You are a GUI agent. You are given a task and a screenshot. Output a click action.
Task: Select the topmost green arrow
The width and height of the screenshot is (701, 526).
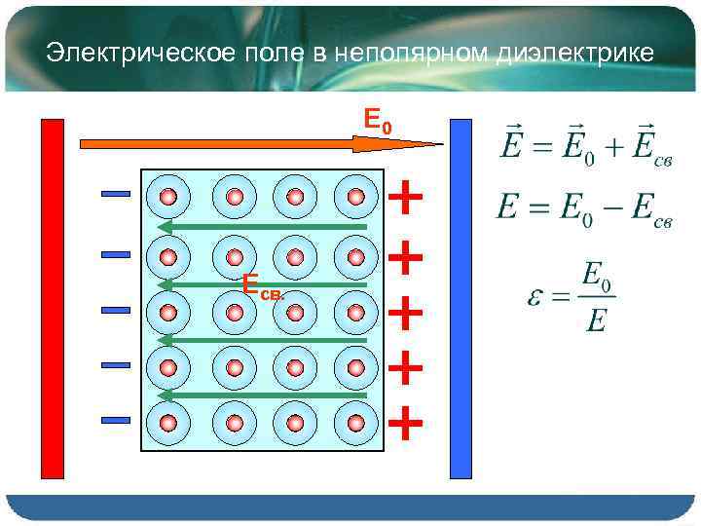(x=263, y=227)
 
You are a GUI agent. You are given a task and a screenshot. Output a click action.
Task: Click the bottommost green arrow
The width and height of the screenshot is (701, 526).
(x=263, y=395)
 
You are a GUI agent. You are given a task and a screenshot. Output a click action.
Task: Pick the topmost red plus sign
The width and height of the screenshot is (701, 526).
(x=405, y=198)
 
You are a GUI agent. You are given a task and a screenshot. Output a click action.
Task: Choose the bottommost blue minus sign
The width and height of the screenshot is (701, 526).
(x=116, y=421)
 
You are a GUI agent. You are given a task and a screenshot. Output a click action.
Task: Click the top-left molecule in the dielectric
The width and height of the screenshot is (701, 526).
(x=168, y=197)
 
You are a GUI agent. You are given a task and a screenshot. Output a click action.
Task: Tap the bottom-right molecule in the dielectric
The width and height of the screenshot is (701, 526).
(x=356, y=422)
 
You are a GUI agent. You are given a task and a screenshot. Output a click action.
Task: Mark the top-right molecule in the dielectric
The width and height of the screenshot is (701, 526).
(x=356, y=197)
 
